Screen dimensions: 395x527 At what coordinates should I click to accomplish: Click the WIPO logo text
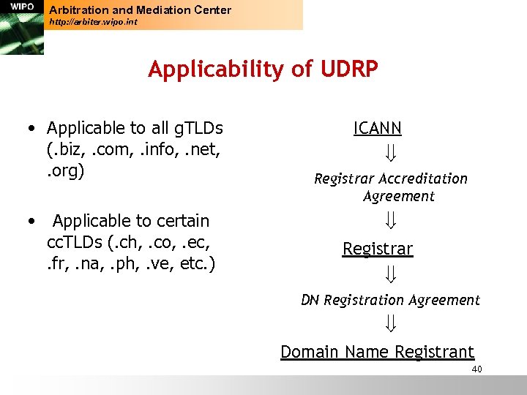pos(22,7)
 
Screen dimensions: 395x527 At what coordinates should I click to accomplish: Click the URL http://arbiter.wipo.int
pos(93,23)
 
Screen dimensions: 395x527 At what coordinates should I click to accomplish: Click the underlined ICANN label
pos(378,129)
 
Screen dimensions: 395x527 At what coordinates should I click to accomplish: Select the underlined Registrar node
pos(378,249)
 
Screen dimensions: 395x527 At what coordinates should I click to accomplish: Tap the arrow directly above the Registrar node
pos(391,220)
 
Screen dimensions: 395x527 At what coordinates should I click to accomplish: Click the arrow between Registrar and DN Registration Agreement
pos(391,274)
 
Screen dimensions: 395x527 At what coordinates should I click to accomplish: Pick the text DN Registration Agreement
pos(391,300)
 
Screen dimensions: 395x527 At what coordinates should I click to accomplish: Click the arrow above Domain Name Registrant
pos(391,323)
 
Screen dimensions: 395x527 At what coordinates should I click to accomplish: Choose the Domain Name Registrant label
pos(378,352)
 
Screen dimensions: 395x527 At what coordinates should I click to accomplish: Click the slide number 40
pos(476,369)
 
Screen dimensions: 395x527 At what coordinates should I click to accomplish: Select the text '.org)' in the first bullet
pos(66,171)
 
